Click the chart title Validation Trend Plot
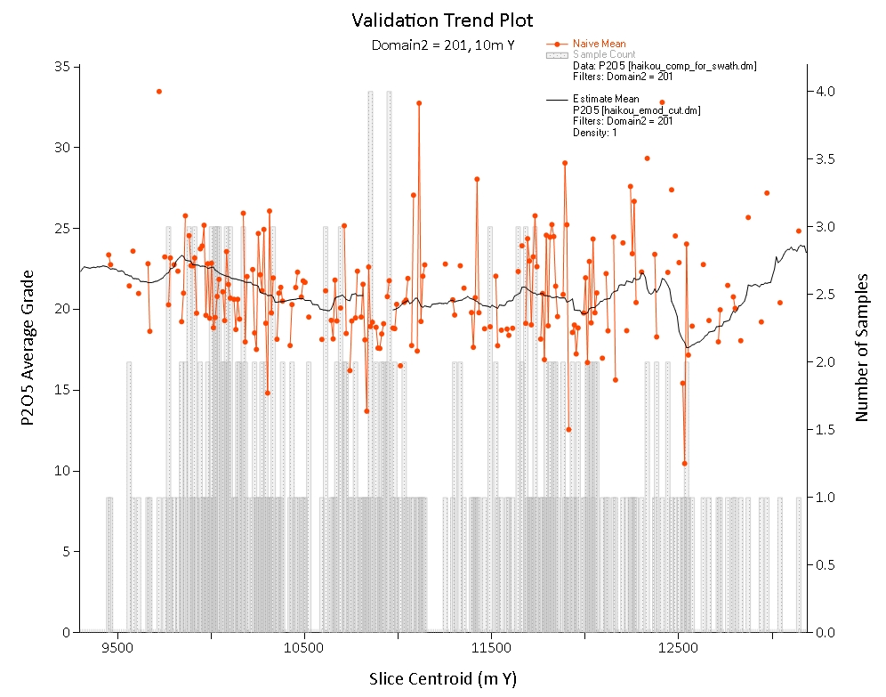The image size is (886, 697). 442,20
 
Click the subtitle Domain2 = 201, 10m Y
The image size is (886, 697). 442,45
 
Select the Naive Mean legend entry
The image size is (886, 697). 600,44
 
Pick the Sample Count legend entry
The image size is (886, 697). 603,54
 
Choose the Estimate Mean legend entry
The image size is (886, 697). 606,99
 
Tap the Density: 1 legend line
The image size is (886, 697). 594,133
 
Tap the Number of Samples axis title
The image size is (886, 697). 861,347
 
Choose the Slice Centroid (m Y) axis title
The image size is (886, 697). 442,679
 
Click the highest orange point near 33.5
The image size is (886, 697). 159,92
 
